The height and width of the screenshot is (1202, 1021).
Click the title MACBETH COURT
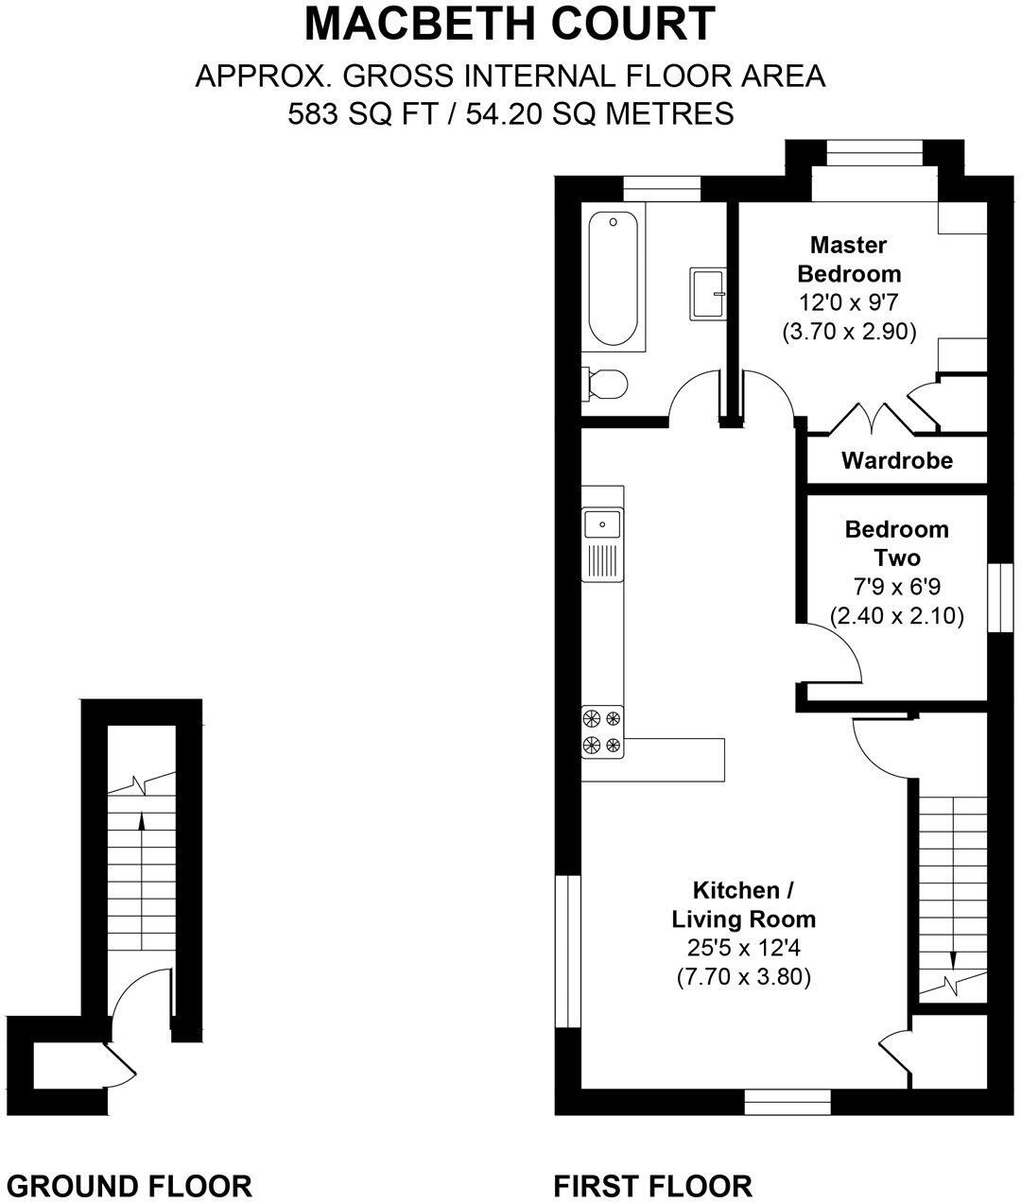point(510,25)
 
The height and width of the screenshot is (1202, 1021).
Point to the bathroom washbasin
point(707,293)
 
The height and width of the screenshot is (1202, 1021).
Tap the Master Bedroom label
point(849,259)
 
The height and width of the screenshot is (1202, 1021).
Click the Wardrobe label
point(896,461)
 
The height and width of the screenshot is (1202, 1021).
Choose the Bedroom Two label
point(896,542)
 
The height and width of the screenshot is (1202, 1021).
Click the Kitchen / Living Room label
point(743,904)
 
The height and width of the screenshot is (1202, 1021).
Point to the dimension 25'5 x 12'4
point(743,948)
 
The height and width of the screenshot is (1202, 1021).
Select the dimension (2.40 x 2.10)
point(896,616)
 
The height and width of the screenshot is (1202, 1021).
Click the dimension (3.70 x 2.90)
point(849,332)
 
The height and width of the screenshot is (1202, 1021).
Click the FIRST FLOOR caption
point(652,1185)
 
